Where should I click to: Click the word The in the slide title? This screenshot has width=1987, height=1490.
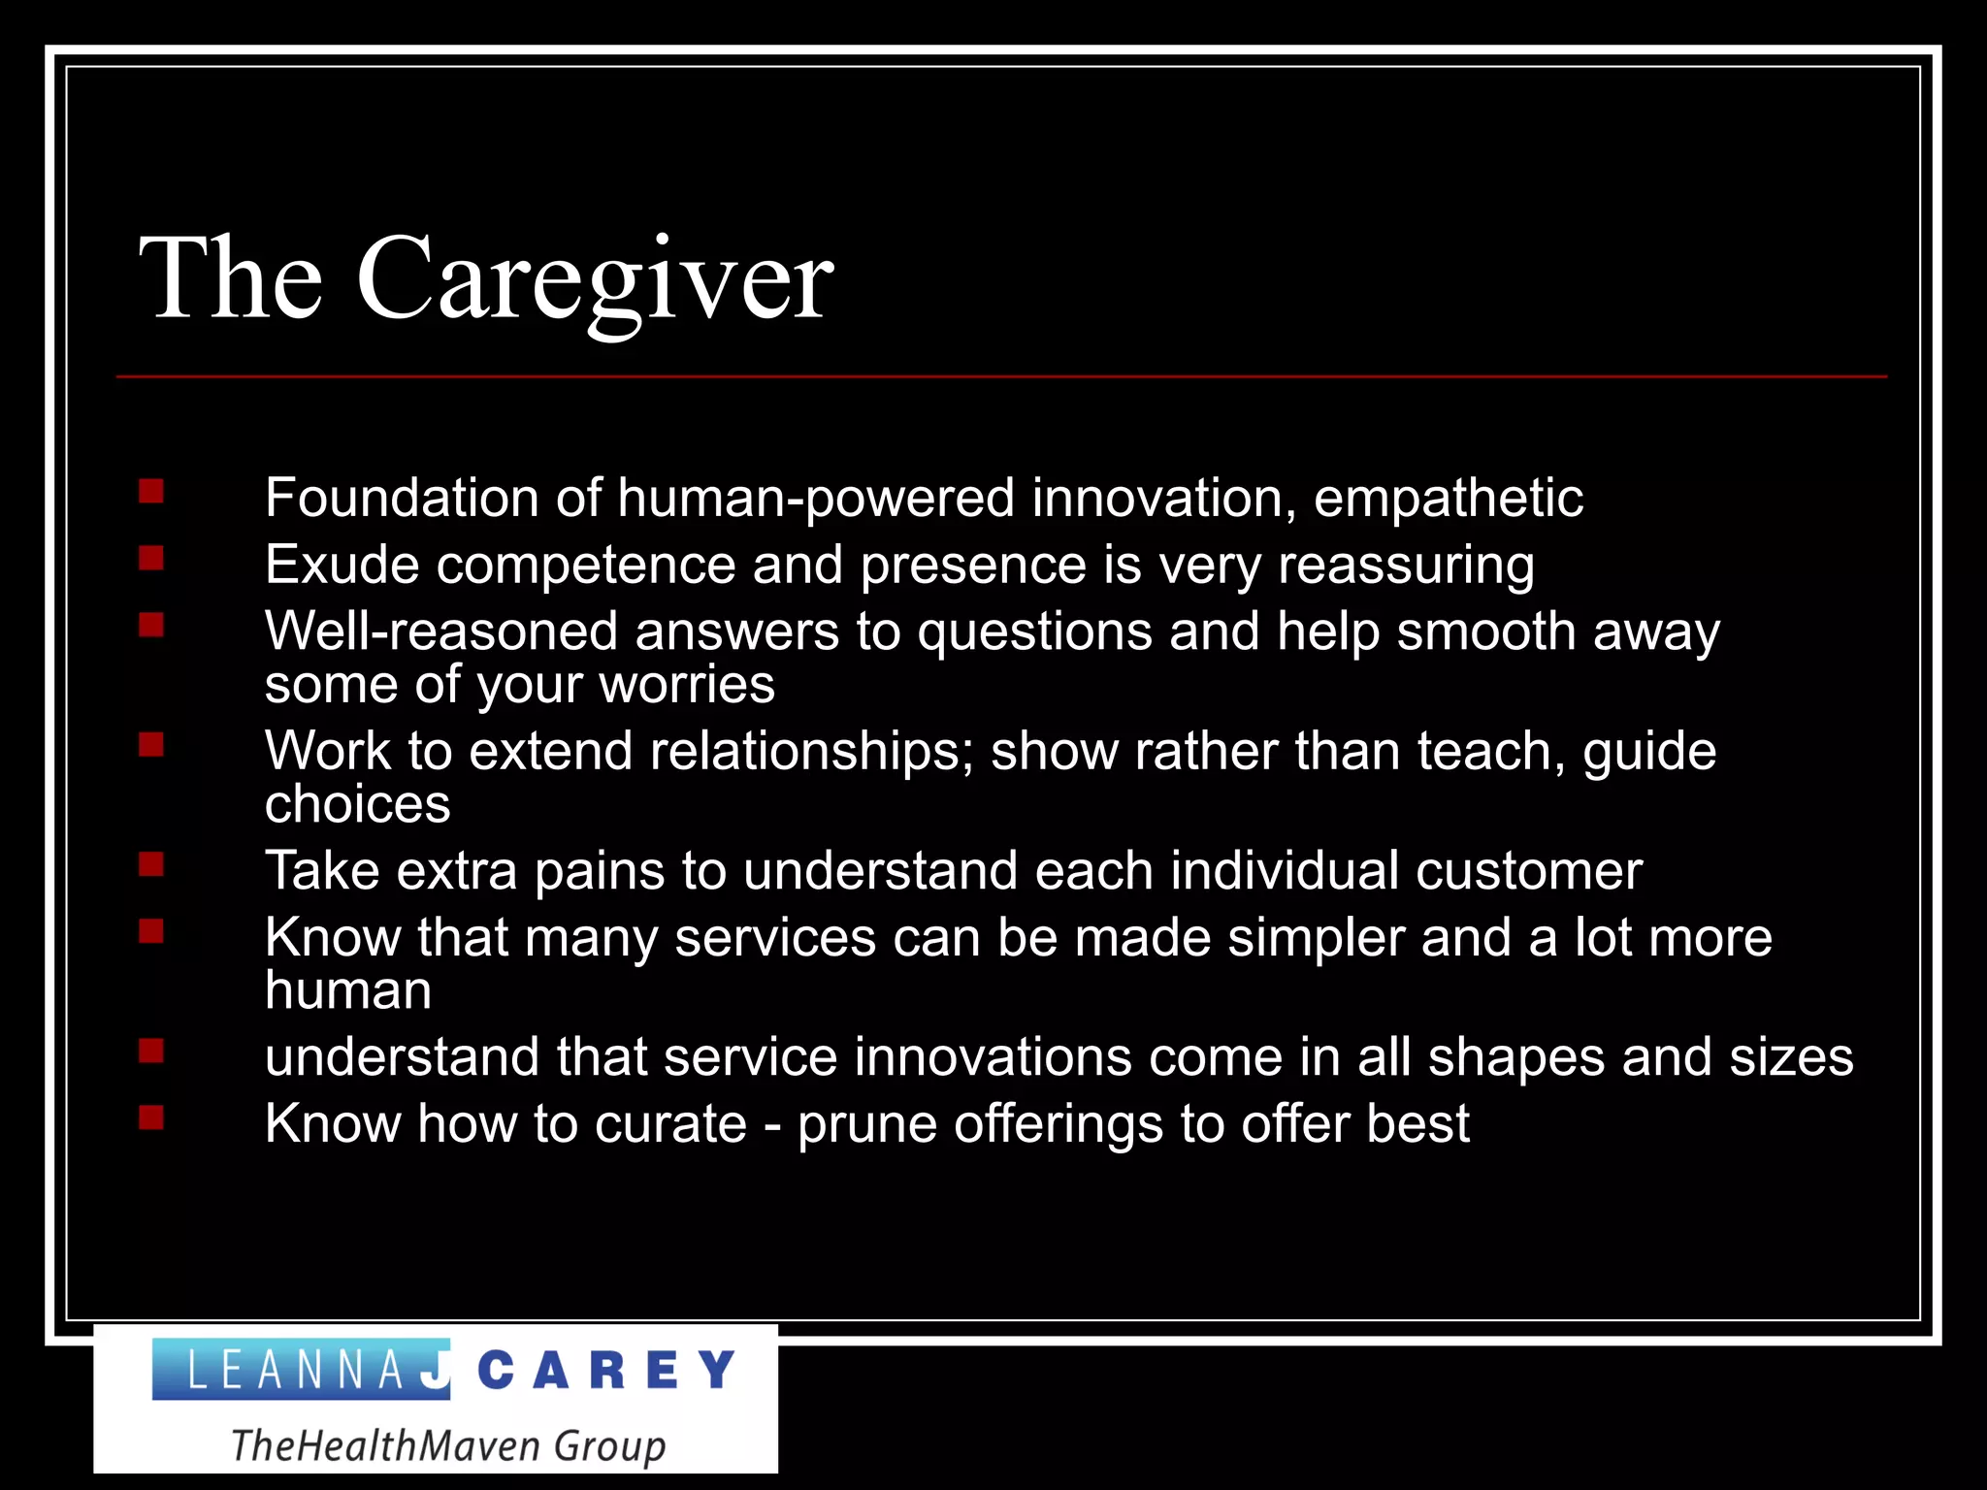(231, 279)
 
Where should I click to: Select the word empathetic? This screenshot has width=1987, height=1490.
(1448, 499)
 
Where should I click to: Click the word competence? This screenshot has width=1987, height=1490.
(585, 566)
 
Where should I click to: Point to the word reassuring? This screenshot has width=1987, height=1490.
(1406, 566)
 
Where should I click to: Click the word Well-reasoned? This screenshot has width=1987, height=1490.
(440, 632)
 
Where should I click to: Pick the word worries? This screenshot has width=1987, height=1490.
(686, 685)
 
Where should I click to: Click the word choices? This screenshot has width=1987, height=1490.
(357, 804)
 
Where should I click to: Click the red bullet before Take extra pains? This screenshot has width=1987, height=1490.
(151, 864)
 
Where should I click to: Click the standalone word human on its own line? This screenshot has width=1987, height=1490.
(347, 990)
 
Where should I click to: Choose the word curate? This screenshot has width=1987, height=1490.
(670, 1124)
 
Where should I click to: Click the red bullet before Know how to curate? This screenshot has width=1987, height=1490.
(151, 1118)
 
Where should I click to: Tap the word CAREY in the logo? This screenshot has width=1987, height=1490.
(607, 1371)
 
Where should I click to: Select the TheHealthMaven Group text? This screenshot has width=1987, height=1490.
(448, 1445)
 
